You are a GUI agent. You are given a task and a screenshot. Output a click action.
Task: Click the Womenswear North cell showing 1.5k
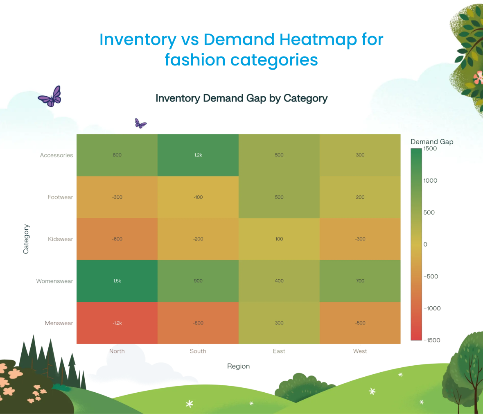pos(117,281)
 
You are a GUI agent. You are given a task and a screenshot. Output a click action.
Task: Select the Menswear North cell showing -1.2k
pos(117,323)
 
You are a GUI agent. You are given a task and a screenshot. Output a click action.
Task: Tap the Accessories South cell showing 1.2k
pos(198,155)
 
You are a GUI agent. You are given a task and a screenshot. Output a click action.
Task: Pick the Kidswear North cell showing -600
pos(117,239)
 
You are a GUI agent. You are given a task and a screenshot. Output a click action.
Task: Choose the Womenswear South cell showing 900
pos(198,281)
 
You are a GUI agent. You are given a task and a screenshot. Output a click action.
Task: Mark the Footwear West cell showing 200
pos(360,197)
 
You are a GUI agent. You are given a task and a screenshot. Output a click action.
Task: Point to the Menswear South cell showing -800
pos(198,323)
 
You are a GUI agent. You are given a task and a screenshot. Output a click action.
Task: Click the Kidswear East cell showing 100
pos(279,239)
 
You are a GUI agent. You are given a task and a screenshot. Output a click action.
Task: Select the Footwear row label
pos(60,197)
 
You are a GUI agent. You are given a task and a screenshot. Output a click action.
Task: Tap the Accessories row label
pos(56,155)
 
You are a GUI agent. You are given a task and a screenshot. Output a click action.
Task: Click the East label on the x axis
pos(279,351)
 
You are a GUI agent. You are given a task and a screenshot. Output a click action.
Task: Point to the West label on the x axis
pos(360,351)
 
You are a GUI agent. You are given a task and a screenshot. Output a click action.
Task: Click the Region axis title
pos(238,366)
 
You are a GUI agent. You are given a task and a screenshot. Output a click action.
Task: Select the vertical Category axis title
pos(26,239)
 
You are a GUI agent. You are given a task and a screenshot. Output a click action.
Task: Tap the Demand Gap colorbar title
pos(432,142)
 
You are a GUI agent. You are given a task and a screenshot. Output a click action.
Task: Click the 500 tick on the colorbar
pos(429,213)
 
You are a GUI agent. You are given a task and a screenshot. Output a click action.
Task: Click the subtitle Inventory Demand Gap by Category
pos(241,98)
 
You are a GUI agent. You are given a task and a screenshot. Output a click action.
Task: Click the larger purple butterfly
pos(50,97)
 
